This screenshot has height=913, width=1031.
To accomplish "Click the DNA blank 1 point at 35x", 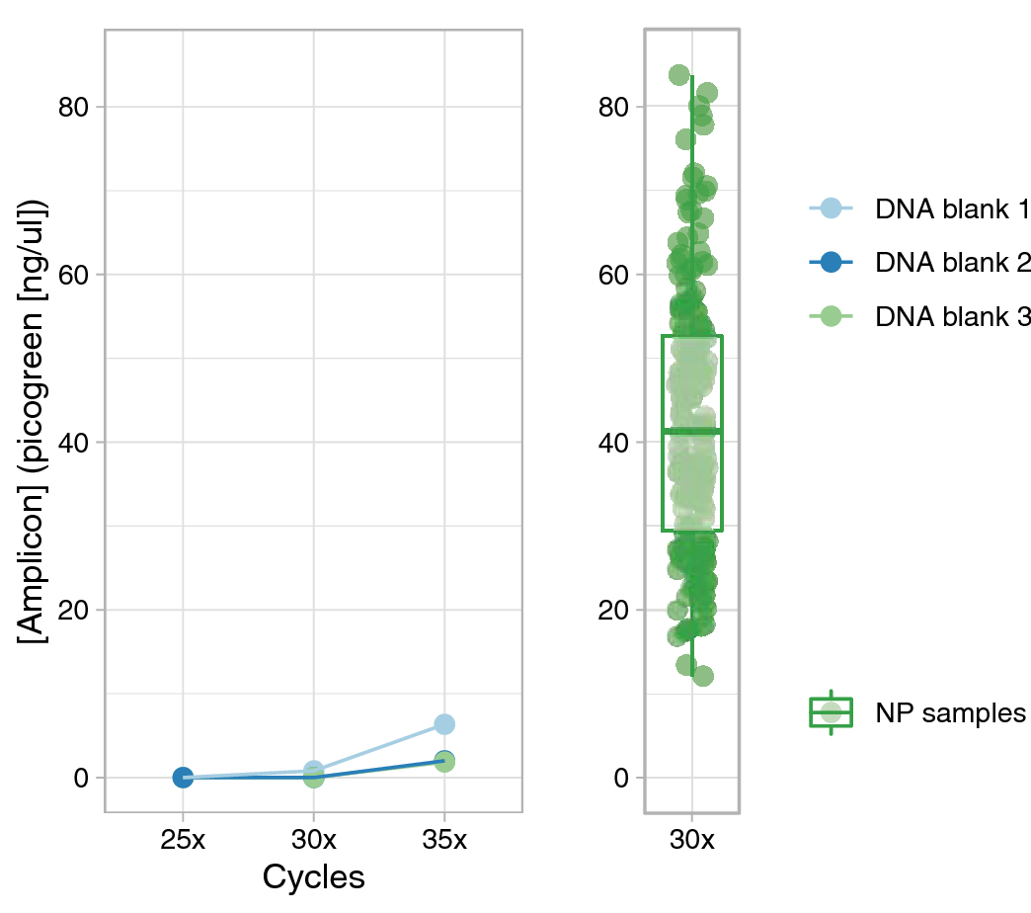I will [x=444, y=724].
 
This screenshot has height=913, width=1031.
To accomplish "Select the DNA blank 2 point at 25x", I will [x=183, y=778].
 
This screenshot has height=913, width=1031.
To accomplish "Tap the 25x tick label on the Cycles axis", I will [x=183, y=841].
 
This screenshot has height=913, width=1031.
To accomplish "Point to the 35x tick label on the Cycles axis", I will [x=444, y=841].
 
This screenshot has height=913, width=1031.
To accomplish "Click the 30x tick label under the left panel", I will [x=313, y=841].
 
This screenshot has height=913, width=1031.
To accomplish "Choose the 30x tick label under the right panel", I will [x=691, y=841].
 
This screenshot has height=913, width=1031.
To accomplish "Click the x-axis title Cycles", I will [x=313, y=877].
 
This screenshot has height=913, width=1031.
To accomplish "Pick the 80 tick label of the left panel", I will [x=73, y=107].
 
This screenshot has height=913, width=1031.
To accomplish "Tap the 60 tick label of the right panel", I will [x=613, y=275].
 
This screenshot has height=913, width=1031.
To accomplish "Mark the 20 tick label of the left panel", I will [x=73, y=610].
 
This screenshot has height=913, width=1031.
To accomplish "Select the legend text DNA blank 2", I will [x=952, y=262].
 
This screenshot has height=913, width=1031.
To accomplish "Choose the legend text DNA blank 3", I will [x=952, y=316].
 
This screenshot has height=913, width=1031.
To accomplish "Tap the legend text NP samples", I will [x=950, y=712].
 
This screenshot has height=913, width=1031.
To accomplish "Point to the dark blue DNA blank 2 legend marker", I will [x=832, y=262].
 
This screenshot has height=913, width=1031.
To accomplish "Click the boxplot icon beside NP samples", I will [x=832, y=712].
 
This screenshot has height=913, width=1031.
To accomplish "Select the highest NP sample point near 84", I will [x=679, y=75].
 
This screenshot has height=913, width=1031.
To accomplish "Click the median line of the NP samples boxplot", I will [x=691, y=431].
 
